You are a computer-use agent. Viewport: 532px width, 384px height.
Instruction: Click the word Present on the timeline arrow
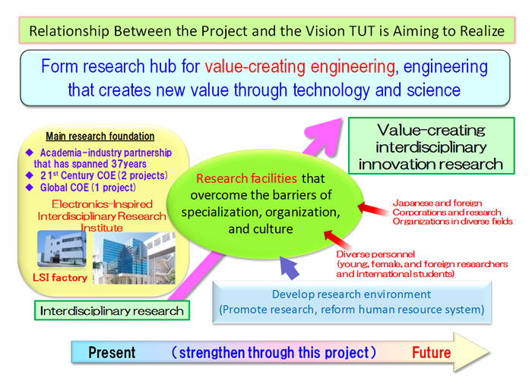pyautogui.click(x=112, y=352)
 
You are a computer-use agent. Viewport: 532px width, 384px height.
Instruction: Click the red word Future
pyautogui.click(x=431, y=352)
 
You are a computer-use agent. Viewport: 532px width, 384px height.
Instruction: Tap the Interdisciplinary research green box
pyautogui.click(x=112, y=310)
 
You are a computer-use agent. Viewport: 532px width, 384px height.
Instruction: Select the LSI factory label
pyautogui.click(x=60, y=278)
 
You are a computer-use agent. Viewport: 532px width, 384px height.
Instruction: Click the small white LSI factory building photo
pyautogui.click(x=62, y=249)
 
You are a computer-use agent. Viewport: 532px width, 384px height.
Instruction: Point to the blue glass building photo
pyautogui.click(x=135, y=258)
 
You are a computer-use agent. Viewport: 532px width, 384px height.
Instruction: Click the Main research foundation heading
pyautogui.click(x=100, y=137)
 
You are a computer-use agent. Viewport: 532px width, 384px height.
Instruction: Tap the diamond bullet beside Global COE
pyautogui.click(x=30, y=187)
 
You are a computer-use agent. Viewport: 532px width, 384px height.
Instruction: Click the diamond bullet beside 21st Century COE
pyautogui.click(x=30, y=175)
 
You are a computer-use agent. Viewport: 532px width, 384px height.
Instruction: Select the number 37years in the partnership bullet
pyautogui.click(x=129, y=164)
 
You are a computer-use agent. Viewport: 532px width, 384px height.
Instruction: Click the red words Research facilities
pyautogui.click(x=247, y=178)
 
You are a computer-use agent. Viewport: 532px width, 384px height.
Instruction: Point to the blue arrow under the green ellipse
pyautogui.click(x=289, y=267)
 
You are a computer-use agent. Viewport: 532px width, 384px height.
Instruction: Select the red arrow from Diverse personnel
pyautogui.click(x=338, y=240)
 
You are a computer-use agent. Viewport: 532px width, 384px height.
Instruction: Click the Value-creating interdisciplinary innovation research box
pyautogui.click(x=431, y=146)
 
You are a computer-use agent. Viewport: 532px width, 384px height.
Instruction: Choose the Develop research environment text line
pyautogui.click(x=351, y=294)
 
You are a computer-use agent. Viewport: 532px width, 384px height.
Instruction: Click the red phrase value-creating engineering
pyautogui.click(x=299, y=67)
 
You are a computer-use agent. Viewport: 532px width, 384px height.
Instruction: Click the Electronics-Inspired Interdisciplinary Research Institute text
pyautogui.click(x=102, y=216)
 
